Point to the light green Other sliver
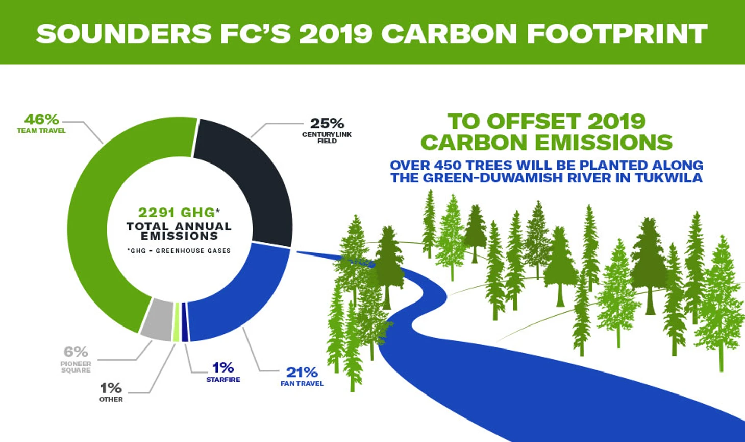point(177,322)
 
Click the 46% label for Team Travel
point(41,119)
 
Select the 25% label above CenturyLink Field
point(327,124)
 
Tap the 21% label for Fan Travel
point(302,373)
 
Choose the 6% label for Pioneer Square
point(76,352)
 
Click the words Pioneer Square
point(76,367)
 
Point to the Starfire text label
point(223,380)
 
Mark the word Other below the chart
point(111,399)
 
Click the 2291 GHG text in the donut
point(177,213)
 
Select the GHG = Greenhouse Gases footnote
point(179,251)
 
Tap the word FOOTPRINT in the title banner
point(617,34)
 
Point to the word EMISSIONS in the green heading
point(603,143)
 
